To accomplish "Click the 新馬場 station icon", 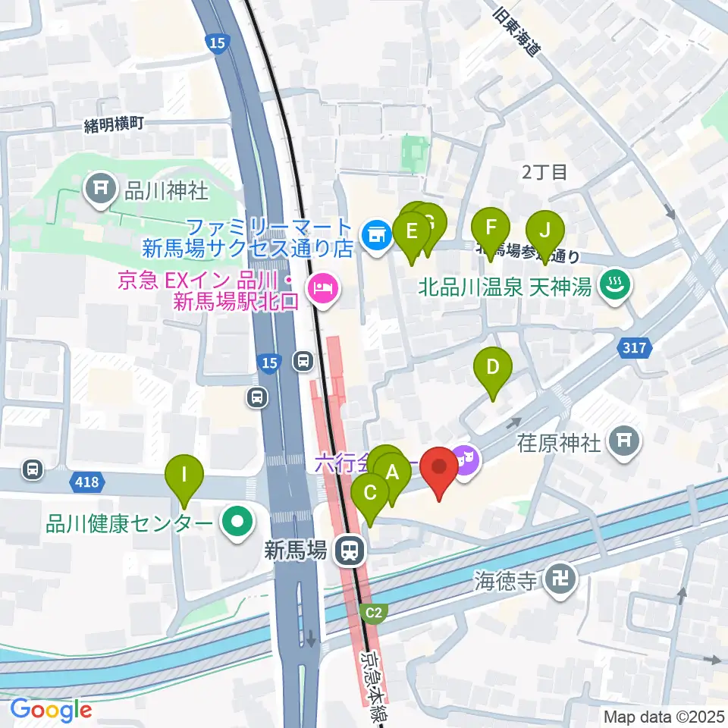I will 350,550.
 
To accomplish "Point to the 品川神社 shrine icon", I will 100,189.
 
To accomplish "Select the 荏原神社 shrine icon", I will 623,439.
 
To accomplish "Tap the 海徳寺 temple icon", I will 563,582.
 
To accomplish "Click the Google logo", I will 52,710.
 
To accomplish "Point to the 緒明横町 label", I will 114,124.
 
